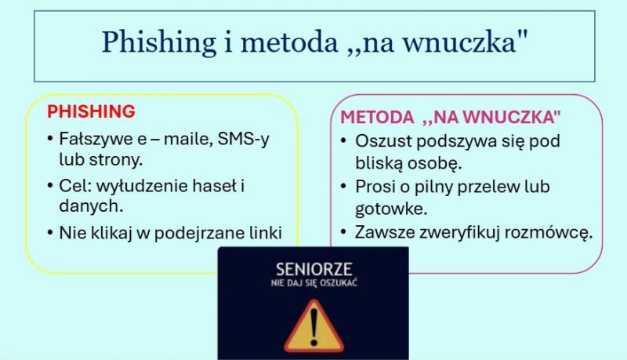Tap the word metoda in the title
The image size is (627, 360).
tap(289, 42)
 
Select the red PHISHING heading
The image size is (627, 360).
tap(91, 111)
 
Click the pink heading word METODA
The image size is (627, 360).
tap(377, 117)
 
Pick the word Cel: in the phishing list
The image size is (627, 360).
tap(75, 186)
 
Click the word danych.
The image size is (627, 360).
tap(91, 206)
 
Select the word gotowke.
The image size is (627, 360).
tap(391, 209)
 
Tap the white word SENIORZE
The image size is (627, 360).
tap(314, 270)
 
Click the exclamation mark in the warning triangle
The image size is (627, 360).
tap(314, 329)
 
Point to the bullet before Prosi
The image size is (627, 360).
tap(343, 187)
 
